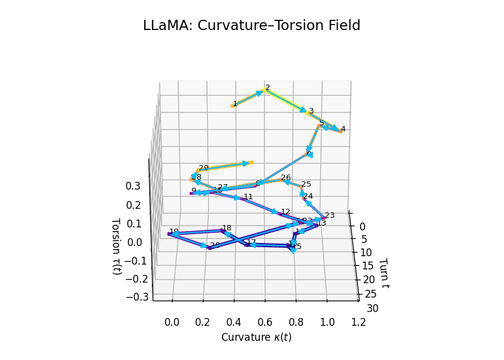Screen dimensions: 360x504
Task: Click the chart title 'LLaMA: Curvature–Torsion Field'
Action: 251,26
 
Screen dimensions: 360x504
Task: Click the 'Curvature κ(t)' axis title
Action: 256,337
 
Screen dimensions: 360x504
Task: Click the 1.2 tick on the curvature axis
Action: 358,322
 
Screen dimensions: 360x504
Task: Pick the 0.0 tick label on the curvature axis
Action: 172,322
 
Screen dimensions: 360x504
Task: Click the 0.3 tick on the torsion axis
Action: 133,186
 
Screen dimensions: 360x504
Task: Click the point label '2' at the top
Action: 268,88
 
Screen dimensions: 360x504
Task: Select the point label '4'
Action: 343,129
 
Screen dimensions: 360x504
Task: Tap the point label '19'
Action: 174,232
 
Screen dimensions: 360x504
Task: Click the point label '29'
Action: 204,168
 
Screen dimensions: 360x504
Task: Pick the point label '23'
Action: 329,215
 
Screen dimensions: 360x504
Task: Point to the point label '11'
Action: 248,196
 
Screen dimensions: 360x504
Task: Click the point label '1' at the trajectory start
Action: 235,103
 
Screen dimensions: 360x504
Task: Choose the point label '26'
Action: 286,178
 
